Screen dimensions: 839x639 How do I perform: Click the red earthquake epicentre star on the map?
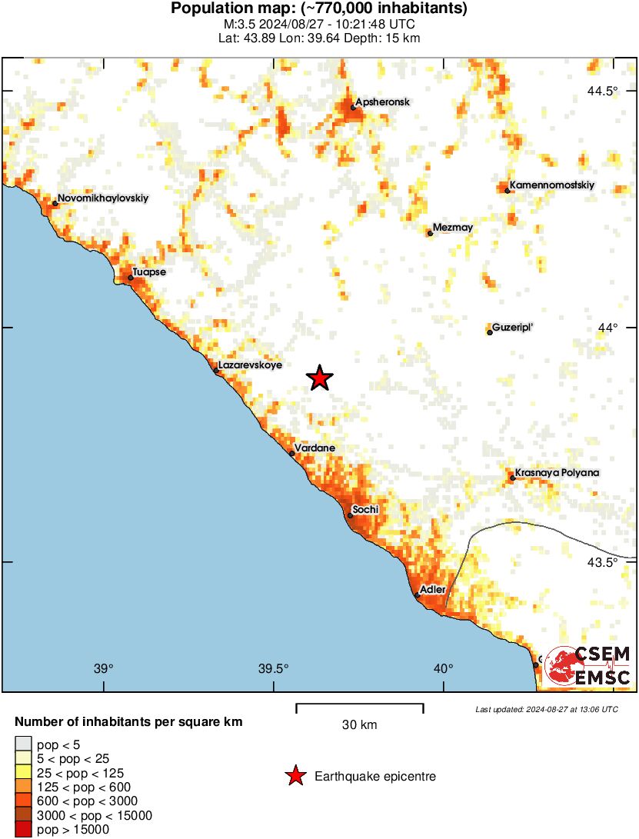(x=320, y=378)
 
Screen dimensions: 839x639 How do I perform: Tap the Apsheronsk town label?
(x=382, y=102)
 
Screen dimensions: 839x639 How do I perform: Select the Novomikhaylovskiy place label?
(x=103, y=198)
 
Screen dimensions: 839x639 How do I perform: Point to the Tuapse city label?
(x=149, y=272)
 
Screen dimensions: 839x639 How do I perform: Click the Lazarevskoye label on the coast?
(x=250, y=365)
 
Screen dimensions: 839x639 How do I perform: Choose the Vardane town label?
(x=315, y=448)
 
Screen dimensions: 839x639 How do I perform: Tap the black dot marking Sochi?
(x=350, y=515)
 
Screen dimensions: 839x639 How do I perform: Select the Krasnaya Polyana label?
(x=557, y=473)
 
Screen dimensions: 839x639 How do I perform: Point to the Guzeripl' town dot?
(x=490, y=332)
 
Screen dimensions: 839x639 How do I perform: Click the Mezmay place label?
(x=453, y=228)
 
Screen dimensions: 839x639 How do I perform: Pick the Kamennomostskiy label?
(x=552, y=185)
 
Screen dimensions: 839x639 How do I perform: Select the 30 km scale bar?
(x=359, y=704)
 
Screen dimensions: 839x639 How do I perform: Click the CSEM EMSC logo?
(x=589, y=666)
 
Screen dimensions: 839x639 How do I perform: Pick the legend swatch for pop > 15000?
(x=24, y=829)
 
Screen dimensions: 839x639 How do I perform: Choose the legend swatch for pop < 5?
(x=24, y=743)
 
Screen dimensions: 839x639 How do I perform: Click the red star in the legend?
(x=295, y=777)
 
